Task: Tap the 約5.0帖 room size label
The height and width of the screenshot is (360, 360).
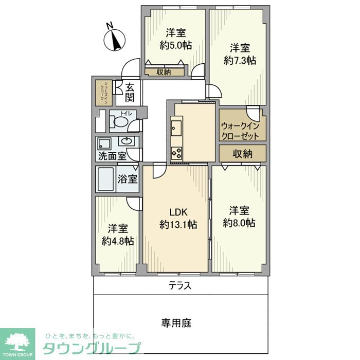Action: point(176,45)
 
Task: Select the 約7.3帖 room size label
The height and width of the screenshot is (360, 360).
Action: point(240,60)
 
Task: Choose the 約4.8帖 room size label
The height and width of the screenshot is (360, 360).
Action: point(118,241)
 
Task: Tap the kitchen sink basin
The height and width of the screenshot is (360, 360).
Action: point(175,127)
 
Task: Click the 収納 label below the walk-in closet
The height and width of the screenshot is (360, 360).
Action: point(242,153)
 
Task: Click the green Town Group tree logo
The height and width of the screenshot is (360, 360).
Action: point(17,343)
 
